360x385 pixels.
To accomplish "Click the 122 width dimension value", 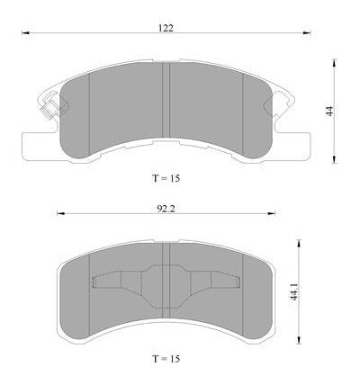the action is (166, 28).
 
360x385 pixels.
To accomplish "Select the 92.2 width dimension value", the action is (166, 209).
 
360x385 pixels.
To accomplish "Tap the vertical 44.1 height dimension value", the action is (294, 291).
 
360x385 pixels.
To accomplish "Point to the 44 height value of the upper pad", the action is (329, 111).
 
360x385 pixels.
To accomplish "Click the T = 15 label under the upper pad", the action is (166, 178).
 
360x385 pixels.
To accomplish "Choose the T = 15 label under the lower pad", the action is (166, 359).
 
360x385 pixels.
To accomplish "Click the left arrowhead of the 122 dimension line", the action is (25, 32).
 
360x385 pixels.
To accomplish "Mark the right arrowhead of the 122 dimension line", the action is (307, 32).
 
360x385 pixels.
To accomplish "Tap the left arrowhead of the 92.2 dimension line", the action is (60, 213).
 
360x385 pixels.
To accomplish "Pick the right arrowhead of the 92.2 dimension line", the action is (272, 213).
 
